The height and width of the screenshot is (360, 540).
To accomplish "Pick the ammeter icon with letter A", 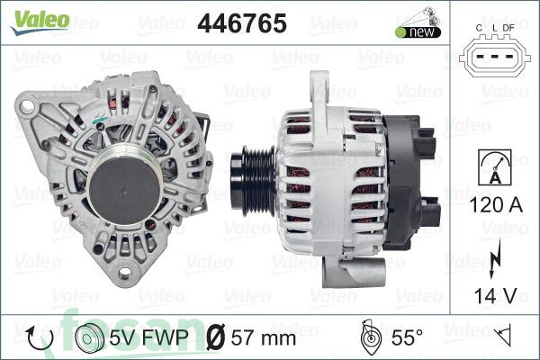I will coord(490,167).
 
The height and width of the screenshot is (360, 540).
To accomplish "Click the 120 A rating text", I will coord(490,208).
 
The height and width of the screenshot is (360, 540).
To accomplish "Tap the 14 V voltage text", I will coord(490,292).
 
